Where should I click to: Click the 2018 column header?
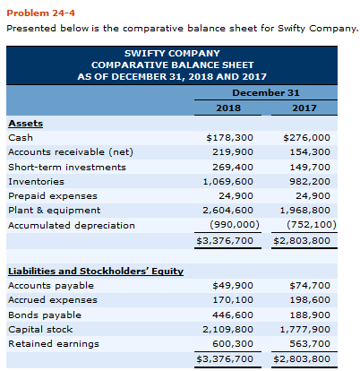tap(228, 108)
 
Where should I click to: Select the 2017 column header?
tap(304, 108)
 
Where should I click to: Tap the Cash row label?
tap(20, 138)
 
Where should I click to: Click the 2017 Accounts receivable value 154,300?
tap(311, 152)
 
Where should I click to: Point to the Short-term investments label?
tap(67, 167)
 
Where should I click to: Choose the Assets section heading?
tap(25, 124)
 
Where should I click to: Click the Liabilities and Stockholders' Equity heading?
tap(95, 271)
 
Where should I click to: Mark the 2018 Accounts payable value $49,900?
tap(234, 286)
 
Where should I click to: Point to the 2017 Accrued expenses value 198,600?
tap(311, 300)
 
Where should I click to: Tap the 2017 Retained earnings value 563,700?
tap(311, 343)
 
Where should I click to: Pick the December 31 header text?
tap(266, 92)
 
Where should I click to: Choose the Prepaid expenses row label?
tap(47, 196)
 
